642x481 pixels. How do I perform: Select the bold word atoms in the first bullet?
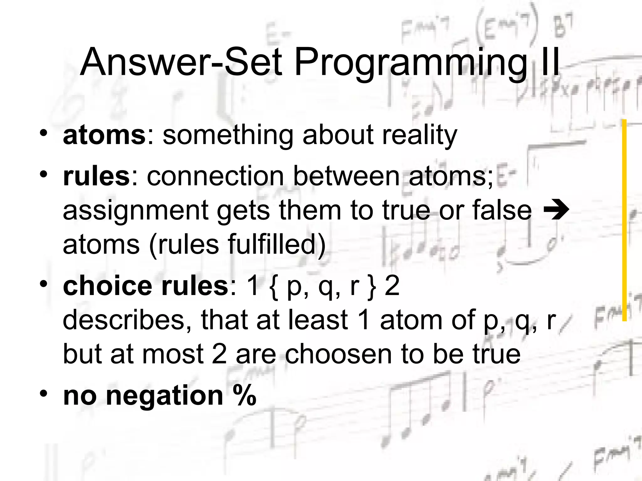[104, 135]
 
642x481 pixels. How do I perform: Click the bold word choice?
[107, 286]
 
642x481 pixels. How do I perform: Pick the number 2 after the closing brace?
[392, 286]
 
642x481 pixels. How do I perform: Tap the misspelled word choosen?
[338, 354]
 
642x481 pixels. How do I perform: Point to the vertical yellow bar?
[624, 219]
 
